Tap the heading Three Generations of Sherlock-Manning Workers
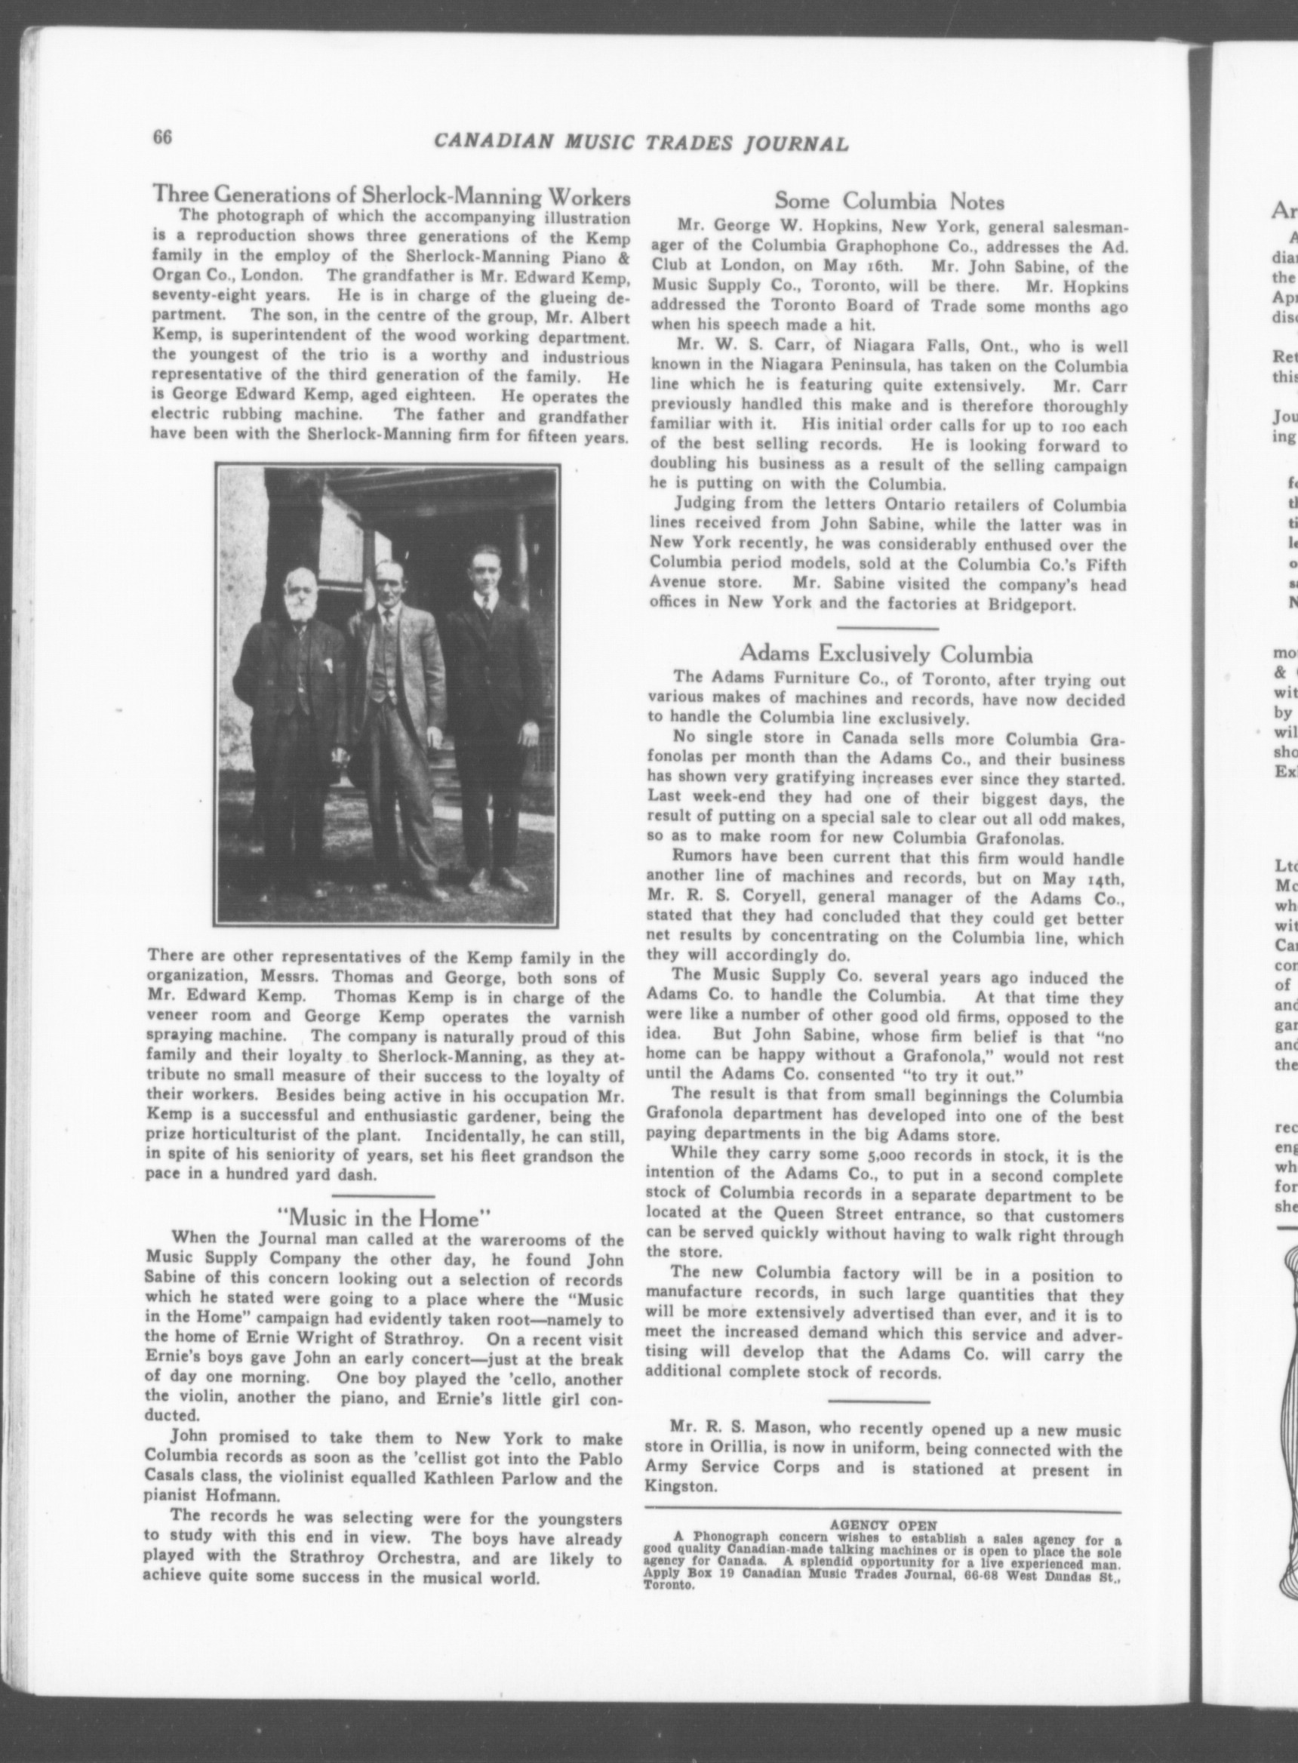pos(390,195)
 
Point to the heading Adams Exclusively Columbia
pos(887,677)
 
